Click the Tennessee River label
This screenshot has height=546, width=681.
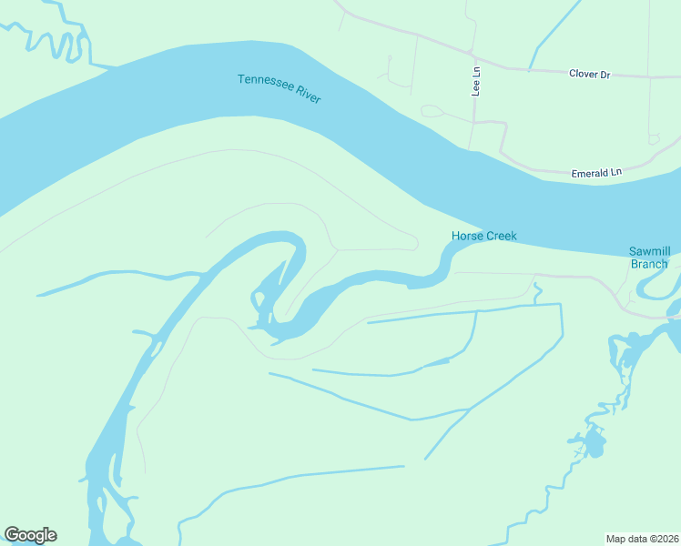click(x=279, y=87)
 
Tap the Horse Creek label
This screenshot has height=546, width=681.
click(x=483, y=237)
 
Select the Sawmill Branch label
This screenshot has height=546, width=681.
click(x=649, y=258)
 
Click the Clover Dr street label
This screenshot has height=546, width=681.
click(x=588, y=75)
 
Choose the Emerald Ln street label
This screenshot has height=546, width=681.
click(x=595, y=172)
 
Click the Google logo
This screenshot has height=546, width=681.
click(x=30, y=535)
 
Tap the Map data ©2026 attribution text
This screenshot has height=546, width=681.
click(x=642, y=538)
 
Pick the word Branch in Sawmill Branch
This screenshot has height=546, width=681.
click(x=649, y=264)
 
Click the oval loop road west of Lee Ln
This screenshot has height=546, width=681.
click(x=432, y=112)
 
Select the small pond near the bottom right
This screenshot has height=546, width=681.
click(x=594, y=445)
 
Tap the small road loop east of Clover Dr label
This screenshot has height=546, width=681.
click(x=654, y=139)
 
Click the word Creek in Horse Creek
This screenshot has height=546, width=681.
click(x=501, y=237)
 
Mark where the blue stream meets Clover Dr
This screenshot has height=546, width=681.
click(x=531, y=69)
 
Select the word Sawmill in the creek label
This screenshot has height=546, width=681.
click(x=649, y=251)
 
